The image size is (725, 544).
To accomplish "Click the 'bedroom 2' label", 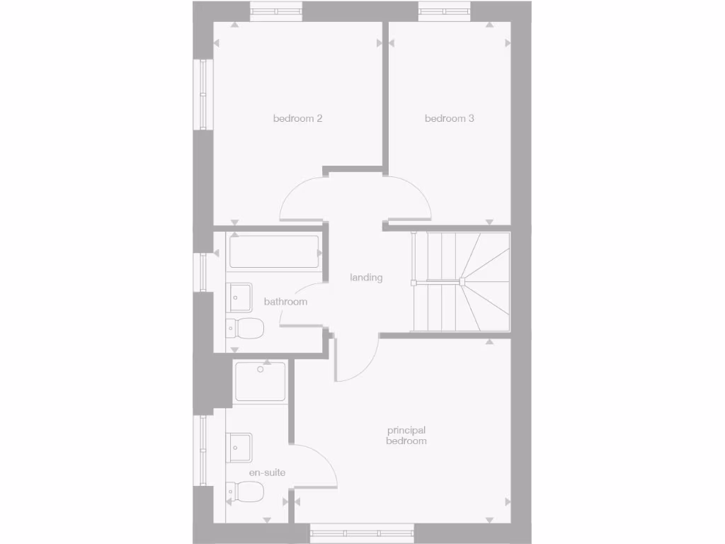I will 297,118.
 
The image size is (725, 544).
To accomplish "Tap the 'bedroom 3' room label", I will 449,118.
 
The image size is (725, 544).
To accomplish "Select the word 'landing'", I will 366,278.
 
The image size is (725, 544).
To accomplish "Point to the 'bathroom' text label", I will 285,302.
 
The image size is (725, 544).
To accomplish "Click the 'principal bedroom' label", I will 406,436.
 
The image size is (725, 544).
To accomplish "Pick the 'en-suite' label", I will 267,472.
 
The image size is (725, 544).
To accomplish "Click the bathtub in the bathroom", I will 273,252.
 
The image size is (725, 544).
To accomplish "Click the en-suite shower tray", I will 260,382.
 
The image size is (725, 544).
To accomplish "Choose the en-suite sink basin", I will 239,447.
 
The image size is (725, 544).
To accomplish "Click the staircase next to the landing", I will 461,282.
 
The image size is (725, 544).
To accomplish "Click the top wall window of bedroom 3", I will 445,11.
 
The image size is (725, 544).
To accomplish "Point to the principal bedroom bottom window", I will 362,533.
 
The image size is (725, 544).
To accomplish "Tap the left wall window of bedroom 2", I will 203,94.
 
